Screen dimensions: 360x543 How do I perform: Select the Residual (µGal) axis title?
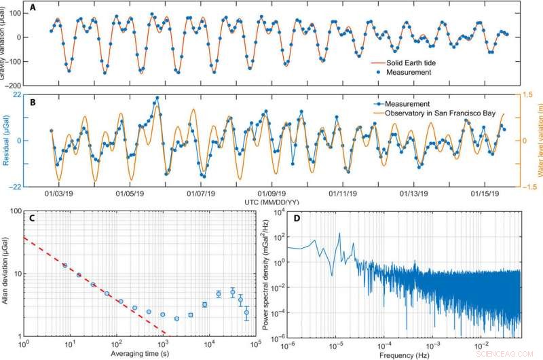tap(8, 141)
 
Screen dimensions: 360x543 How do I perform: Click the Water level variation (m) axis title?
tap(538, 141)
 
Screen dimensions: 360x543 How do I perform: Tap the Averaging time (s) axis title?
tap(138, 355)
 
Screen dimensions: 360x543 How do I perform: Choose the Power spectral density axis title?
tap(266, 276)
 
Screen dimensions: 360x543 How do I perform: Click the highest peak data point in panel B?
tap(157, 98)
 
